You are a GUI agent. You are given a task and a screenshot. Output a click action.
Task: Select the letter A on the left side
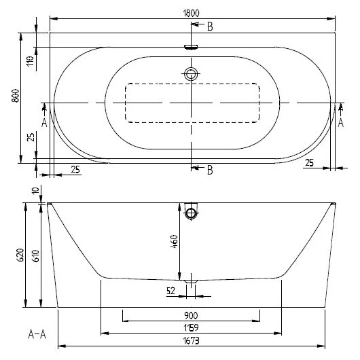pyautogui.click(x=45, y=122)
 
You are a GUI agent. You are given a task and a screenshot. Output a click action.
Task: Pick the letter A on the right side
pyautogui.click(x=341, y=122)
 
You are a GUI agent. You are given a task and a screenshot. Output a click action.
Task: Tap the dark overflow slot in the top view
pyautogui.click(x=192, y=47)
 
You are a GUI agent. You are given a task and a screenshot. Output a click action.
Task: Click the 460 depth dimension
pyautogui.click(x=174, y=240)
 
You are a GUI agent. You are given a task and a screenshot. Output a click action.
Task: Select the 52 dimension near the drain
pyautogui.click(x=170, y=291)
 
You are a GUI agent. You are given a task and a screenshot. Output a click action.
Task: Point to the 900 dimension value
pyautogui.click(x=191, y=315)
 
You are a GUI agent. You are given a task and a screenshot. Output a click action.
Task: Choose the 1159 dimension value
pyautogui.click(x=191, y=327)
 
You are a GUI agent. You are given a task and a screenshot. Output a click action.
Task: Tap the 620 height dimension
pyautogui.click(x=21, y=255)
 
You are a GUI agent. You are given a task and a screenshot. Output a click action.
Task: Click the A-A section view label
pyautogui.click(x=38, y=334)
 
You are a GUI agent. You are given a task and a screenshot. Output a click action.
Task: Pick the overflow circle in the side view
pyautogui.click(x=192, y=214)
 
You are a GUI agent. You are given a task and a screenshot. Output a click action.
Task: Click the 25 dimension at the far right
pyautogui.click(x=309, y=162)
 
